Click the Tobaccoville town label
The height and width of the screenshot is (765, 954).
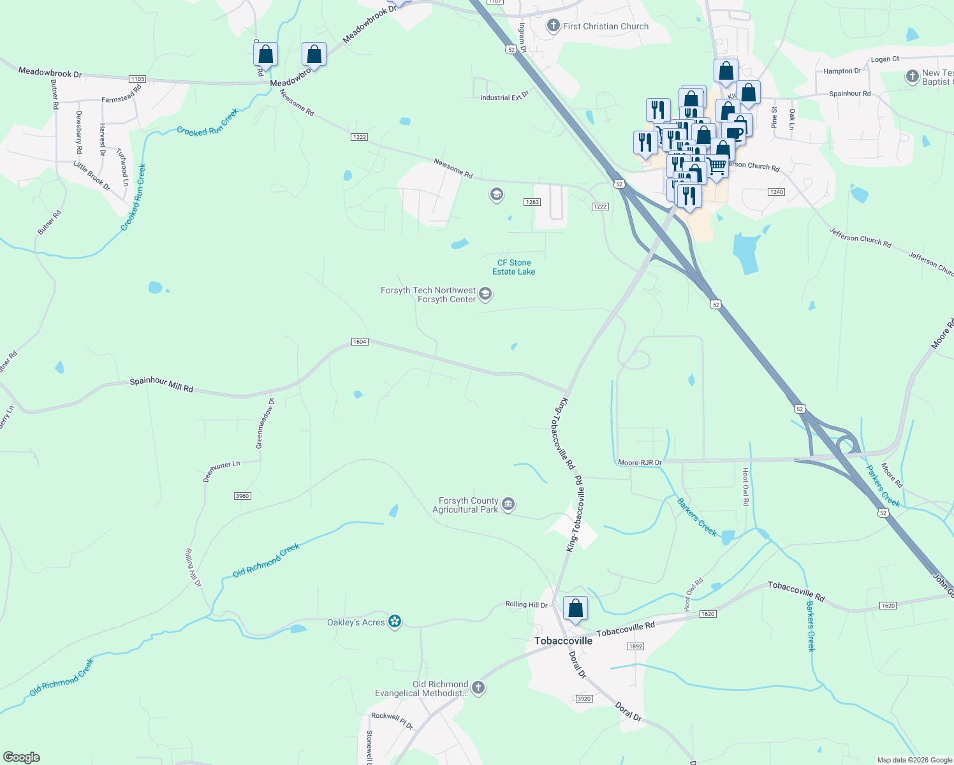tap(563, 641)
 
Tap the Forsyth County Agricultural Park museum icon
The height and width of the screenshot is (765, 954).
tap(508, 505)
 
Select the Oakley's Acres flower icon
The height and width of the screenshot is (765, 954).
tap(395, 622)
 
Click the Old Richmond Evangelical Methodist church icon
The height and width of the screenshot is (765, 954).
tap(478, 688)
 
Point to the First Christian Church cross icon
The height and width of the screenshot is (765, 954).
tap(553, 26)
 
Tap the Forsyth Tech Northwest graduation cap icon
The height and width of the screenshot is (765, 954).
tap(485, 294)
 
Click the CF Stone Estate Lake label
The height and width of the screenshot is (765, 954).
tap(514, 267)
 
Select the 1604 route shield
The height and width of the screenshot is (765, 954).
tap(360, 342)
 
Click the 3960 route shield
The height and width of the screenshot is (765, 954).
tap(242, 496)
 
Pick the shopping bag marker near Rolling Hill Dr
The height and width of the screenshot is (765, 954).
tap(575, 609)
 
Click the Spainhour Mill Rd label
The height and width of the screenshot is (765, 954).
tap(161, 384)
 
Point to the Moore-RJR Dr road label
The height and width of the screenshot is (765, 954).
tap(640, 462)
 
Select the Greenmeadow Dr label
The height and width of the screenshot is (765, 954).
tap(265, 423)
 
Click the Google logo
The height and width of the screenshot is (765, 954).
tap(22, 757)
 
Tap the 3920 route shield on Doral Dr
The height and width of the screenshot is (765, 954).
tap(584, 699)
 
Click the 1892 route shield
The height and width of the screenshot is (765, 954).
tap(635, 646)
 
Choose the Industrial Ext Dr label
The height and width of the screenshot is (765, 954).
tap(504, 97)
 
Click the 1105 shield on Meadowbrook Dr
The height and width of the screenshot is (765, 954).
tap(138, 79)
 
